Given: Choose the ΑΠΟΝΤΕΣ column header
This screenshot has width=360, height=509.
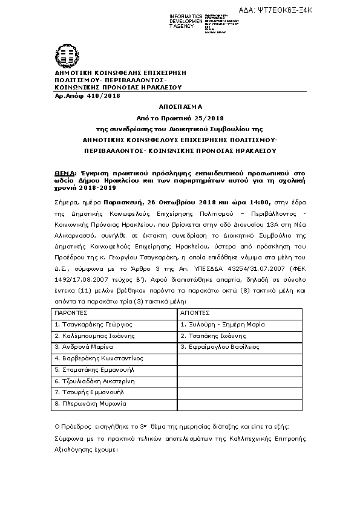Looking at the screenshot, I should pos(195,313).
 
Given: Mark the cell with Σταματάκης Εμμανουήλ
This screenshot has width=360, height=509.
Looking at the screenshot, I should pos(94,369).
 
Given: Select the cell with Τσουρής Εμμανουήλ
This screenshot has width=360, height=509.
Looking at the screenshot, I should pos(89,392).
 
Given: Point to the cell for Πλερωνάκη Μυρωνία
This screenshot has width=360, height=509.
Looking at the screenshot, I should pos(90,403).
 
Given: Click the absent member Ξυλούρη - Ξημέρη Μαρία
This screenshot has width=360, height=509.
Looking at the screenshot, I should pos(223,325).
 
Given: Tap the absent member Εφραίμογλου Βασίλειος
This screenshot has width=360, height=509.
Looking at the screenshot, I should pos(220,347).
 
